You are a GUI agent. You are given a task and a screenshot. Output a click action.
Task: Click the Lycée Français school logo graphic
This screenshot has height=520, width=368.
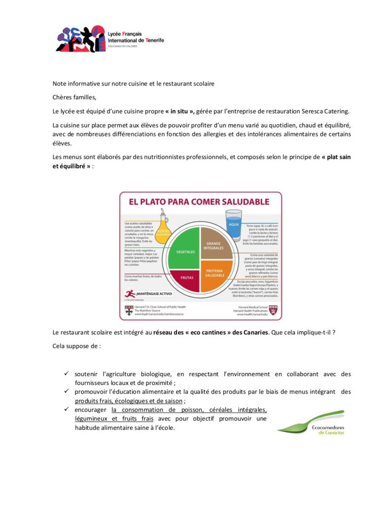80,39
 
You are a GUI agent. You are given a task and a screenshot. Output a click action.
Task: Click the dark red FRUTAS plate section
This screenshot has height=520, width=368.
186,278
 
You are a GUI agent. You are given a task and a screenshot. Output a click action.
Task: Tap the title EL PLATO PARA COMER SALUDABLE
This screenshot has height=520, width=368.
199,202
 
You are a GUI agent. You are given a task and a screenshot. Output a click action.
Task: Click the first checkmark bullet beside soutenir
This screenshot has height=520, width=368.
67,373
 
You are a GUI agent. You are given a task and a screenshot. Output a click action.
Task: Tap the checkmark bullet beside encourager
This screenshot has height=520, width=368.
67,409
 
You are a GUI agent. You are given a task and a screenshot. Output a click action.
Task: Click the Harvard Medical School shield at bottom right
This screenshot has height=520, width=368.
273,310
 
